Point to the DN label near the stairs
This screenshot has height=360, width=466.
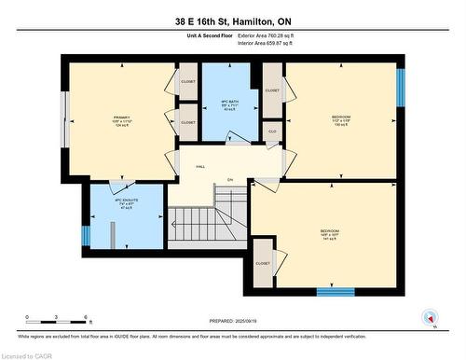[229, 181]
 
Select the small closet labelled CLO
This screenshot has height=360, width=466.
[272, 132]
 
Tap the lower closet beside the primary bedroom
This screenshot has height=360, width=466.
[188, 122]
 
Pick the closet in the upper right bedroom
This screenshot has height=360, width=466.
[272, 91]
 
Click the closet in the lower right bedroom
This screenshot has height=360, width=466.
[263, 263]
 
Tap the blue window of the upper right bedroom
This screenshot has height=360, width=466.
[401, 88]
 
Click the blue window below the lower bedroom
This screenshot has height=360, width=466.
[336, 292]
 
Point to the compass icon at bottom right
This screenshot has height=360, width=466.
[429, 317]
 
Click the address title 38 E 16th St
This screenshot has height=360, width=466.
[233, 21]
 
